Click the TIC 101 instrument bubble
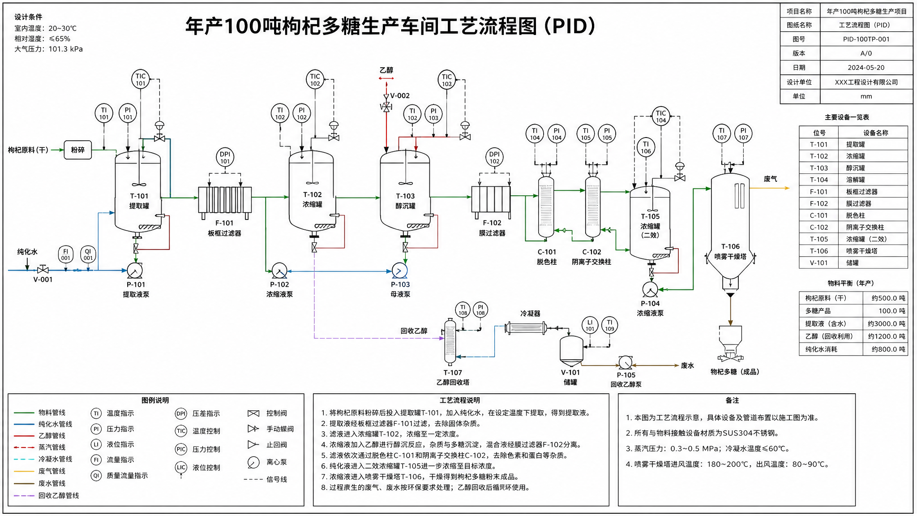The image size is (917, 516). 141,79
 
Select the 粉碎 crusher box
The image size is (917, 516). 77,150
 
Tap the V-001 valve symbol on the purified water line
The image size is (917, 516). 43,270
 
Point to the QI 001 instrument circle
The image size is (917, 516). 88,254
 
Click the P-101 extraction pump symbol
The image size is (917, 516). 135,271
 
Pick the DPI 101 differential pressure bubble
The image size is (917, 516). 225,158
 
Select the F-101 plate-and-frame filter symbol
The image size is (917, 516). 225,200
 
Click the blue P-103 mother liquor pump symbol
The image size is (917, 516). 399,271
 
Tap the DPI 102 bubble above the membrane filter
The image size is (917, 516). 494,158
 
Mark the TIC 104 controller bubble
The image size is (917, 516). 661,116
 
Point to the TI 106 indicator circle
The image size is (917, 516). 646,147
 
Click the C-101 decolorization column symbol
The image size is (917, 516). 546,206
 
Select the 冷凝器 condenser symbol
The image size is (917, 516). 526,328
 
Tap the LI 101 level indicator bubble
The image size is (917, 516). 590,325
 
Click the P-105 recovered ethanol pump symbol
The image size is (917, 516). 626,363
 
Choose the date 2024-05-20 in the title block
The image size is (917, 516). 866,68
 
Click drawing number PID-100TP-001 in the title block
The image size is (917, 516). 866,39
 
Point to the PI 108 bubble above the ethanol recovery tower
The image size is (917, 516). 480,310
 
